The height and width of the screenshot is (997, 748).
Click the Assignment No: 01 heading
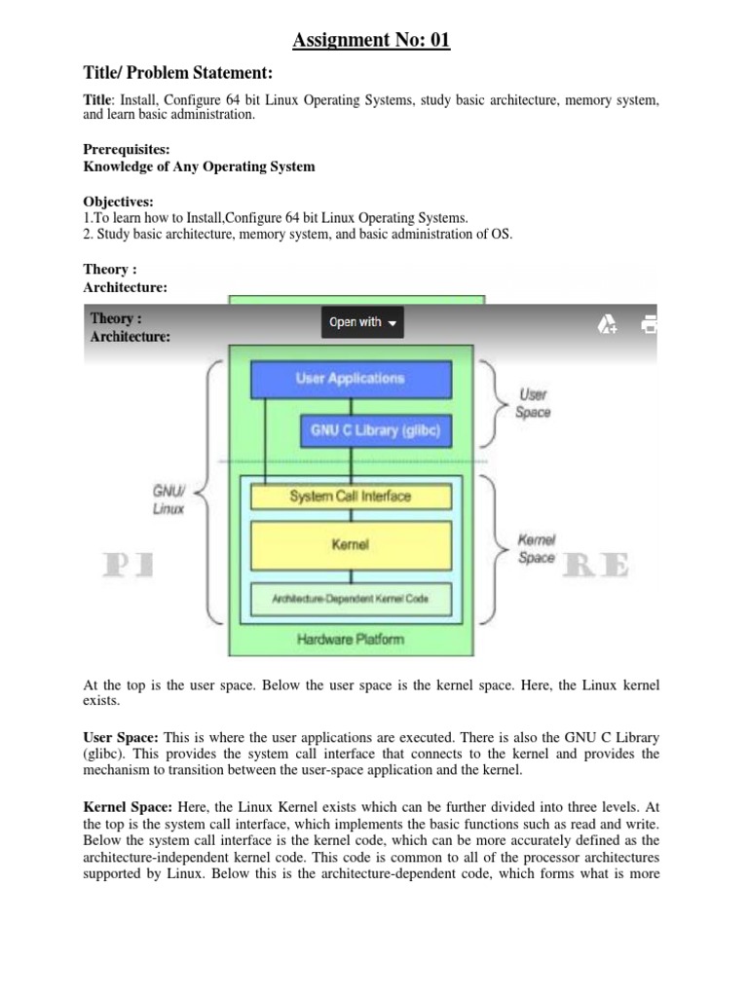click(373, 40)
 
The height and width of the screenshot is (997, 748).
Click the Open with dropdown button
click(361, 322)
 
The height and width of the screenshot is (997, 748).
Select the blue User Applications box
click(351, 378)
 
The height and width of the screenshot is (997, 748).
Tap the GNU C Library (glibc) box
click(376, 428)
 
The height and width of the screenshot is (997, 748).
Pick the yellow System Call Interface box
click(351, 497)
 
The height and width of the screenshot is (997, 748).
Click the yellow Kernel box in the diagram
click(351, 545)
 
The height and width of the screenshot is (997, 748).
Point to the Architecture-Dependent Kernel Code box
click(351, 598)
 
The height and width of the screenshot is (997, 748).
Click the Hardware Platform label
click(351, 640)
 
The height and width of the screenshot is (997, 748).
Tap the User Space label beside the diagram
click(534, 403)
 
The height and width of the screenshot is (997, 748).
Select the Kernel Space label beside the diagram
click(536, 548)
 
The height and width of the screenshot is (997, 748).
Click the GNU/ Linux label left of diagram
click(168, 500)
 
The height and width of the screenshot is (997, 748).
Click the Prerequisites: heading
click(127, 150)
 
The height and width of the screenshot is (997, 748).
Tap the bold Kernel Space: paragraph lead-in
click(129, 806)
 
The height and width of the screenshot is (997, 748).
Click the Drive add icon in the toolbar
click(607, 323)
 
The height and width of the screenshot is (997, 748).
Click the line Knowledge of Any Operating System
click(200, 166)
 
